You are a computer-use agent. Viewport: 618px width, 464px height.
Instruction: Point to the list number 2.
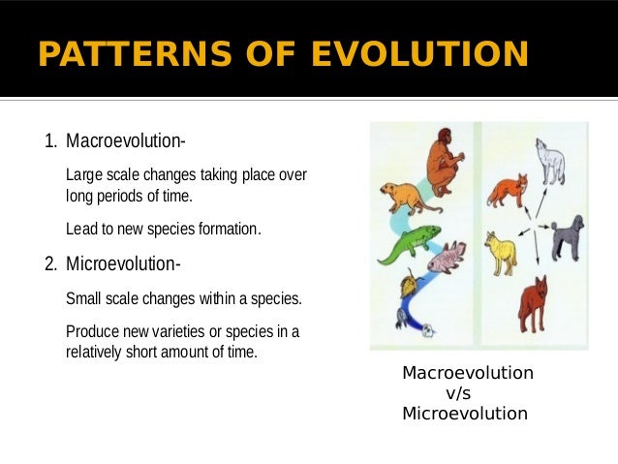coord(50,263)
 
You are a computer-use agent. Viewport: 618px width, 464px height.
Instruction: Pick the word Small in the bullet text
coord(84,297)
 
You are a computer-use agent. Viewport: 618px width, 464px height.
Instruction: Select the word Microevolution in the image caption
coord(464,414)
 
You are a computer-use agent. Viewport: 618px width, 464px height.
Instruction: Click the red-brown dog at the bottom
coord(533,304)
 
